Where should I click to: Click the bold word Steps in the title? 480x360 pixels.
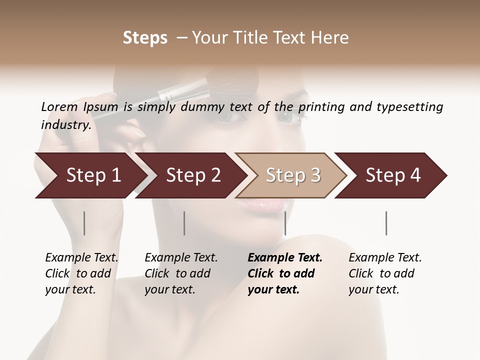click(x=145, y=38)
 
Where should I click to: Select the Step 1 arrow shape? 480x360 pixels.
click(x=93, y=175)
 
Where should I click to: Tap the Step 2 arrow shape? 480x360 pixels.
click(x=193, y=175)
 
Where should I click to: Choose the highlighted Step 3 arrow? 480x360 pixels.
click(x=293, y=175)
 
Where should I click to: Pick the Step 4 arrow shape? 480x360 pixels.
click(x=393, y=175)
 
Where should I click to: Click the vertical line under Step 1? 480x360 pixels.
click(x=84, y=223)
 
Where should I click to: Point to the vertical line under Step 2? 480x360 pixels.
click(x=184, y=223)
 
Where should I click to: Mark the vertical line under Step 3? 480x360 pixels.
click(x=285, y=223)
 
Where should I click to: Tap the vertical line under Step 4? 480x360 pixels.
click(x=386, y=223)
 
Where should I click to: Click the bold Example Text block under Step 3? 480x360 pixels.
click(x=285, y=273)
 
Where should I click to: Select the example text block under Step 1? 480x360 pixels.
click(x=81, y=273)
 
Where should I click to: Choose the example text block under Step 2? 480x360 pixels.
click(x=181, y=273)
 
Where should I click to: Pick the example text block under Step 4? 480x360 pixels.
click(x=385, y=273)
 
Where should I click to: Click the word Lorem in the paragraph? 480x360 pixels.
click(x=59, y=106)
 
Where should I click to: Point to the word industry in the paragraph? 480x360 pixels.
click(x=65, y=124)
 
